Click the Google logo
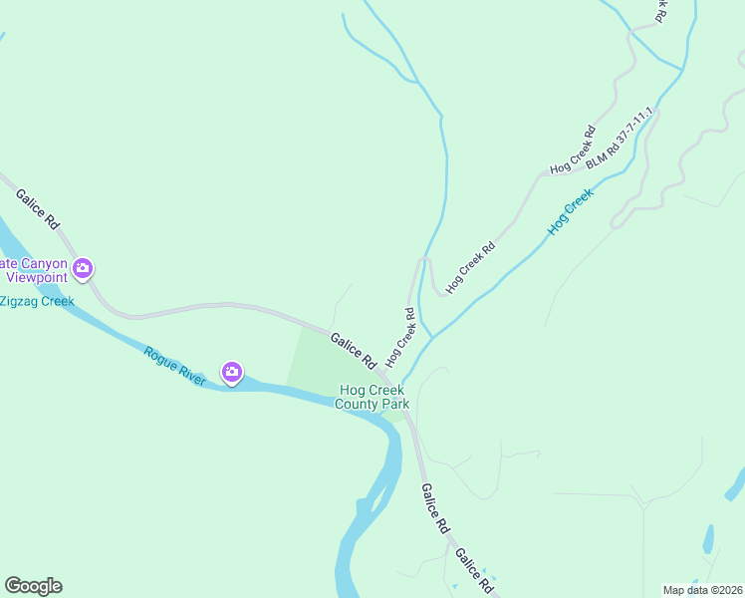(33, 586)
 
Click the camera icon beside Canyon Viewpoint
(83, 268)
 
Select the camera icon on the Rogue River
(232, 373)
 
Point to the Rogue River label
(174, 366)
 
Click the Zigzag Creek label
(37, 301)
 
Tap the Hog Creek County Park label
(372, 398)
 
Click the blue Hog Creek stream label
(570, 212)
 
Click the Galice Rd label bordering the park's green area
(353, 349)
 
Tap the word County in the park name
(358, 405)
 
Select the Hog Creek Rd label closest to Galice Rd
(400, 335)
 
